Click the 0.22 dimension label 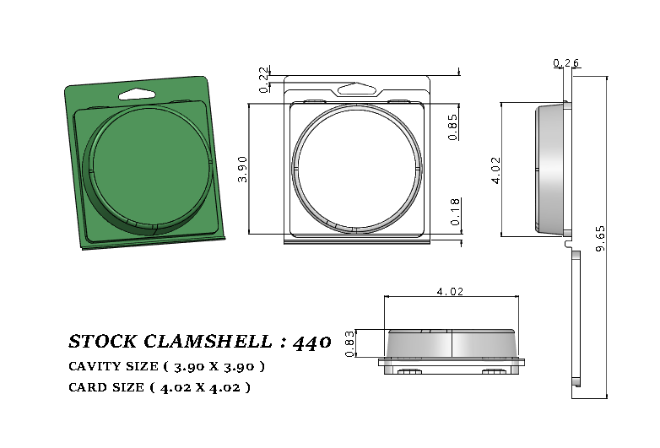point(264,79)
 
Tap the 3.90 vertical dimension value point(243,169)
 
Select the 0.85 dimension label point(453,127)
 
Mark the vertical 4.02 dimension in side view point(495,169)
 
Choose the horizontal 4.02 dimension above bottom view point(450,291)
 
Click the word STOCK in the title point(101,342)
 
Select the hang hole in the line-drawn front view point(356,87)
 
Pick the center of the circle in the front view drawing point(356,166)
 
